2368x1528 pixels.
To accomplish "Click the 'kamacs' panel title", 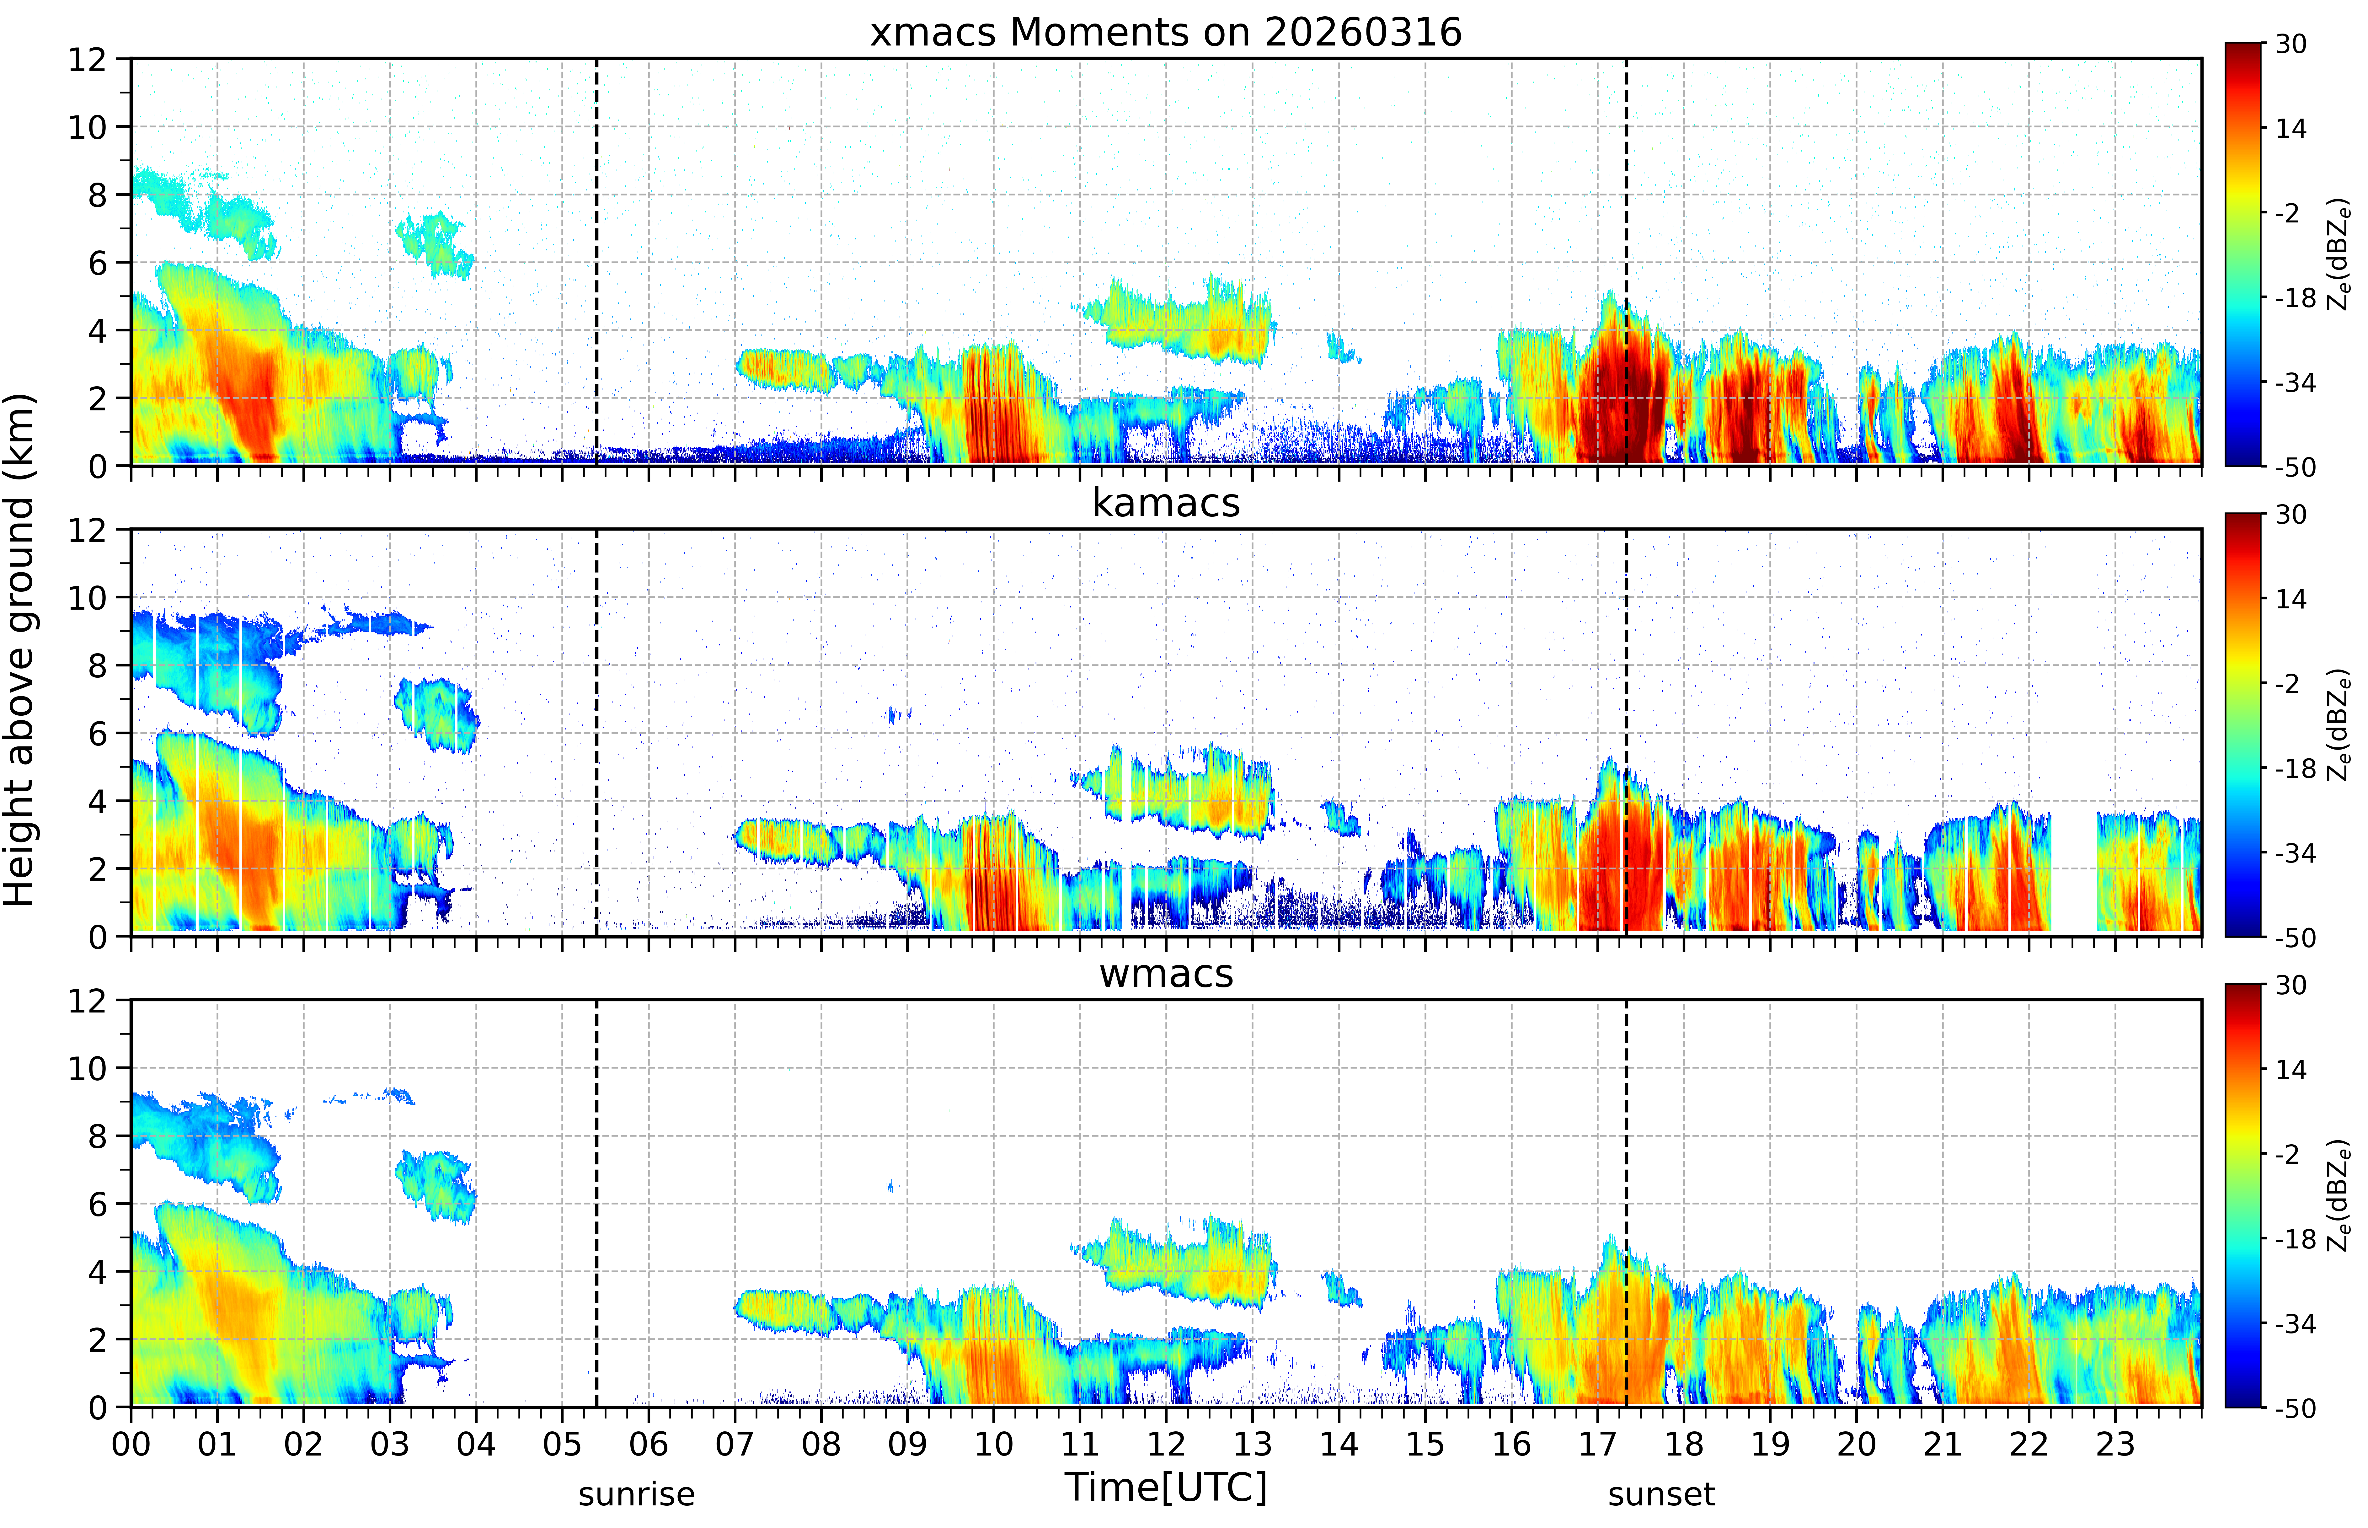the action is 1166,503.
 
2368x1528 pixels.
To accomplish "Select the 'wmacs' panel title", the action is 1166,973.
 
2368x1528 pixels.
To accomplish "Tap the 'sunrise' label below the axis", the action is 637,1493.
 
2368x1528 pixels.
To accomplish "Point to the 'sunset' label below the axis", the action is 1662,1493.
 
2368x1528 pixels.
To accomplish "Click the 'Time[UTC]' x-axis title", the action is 1166,1487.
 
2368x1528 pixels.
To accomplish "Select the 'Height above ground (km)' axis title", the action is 19,650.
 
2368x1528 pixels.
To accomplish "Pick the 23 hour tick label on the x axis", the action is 2115,1444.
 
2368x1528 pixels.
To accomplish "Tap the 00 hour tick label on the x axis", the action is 131,1444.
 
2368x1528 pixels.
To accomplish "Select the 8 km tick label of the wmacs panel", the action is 97,1136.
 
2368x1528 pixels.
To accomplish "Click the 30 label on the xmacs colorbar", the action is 2290,44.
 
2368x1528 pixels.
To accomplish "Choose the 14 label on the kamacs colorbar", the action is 2290,599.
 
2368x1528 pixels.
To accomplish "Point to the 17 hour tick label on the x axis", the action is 1597,1444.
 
